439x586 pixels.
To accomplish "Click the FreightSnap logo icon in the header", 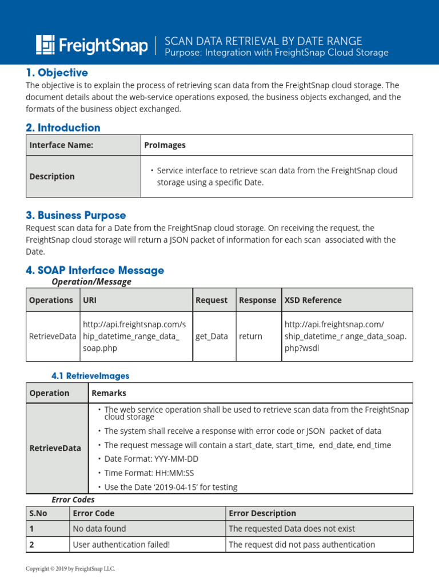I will [46, 45].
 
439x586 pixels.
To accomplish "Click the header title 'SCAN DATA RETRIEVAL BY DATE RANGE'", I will [263, 41].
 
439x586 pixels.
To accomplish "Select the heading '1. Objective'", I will [57, 73].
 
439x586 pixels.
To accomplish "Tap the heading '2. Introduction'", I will [63, 128].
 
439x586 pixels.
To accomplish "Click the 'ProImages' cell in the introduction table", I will [165, 145].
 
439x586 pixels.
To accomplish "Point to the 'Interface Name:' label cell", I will [61, 145].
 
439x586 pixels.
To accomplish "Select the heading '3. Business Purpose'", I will [75, 215].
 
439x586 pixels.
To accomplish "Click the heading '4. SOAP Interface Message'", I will [94, 270].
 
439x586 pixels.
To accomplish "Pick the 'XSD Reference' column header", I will [313, 300].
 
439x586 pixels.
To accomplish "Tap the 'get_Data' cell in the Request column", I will [211, 336].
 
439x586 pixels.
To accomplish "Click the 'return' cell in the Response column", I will [250, 336].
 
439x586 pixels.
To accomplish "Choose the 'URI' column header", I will [90, 300].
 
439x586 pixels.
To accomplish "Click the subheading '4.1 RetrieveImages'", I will [90, 376].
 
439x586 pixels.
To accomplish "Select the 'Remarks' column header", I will [109, 393].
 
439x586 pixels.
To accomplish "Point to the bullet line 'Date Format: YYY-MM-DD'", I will [150, 458].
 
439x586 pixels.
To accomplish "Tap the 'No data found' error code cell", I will [99, 529].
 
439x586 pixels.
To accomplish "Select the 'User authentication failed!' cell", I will [121, 545].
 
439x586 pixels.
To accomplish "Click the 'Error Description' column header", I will [262, 513].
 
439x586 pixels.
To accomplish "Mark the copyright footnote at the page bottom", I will [70, 569].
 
